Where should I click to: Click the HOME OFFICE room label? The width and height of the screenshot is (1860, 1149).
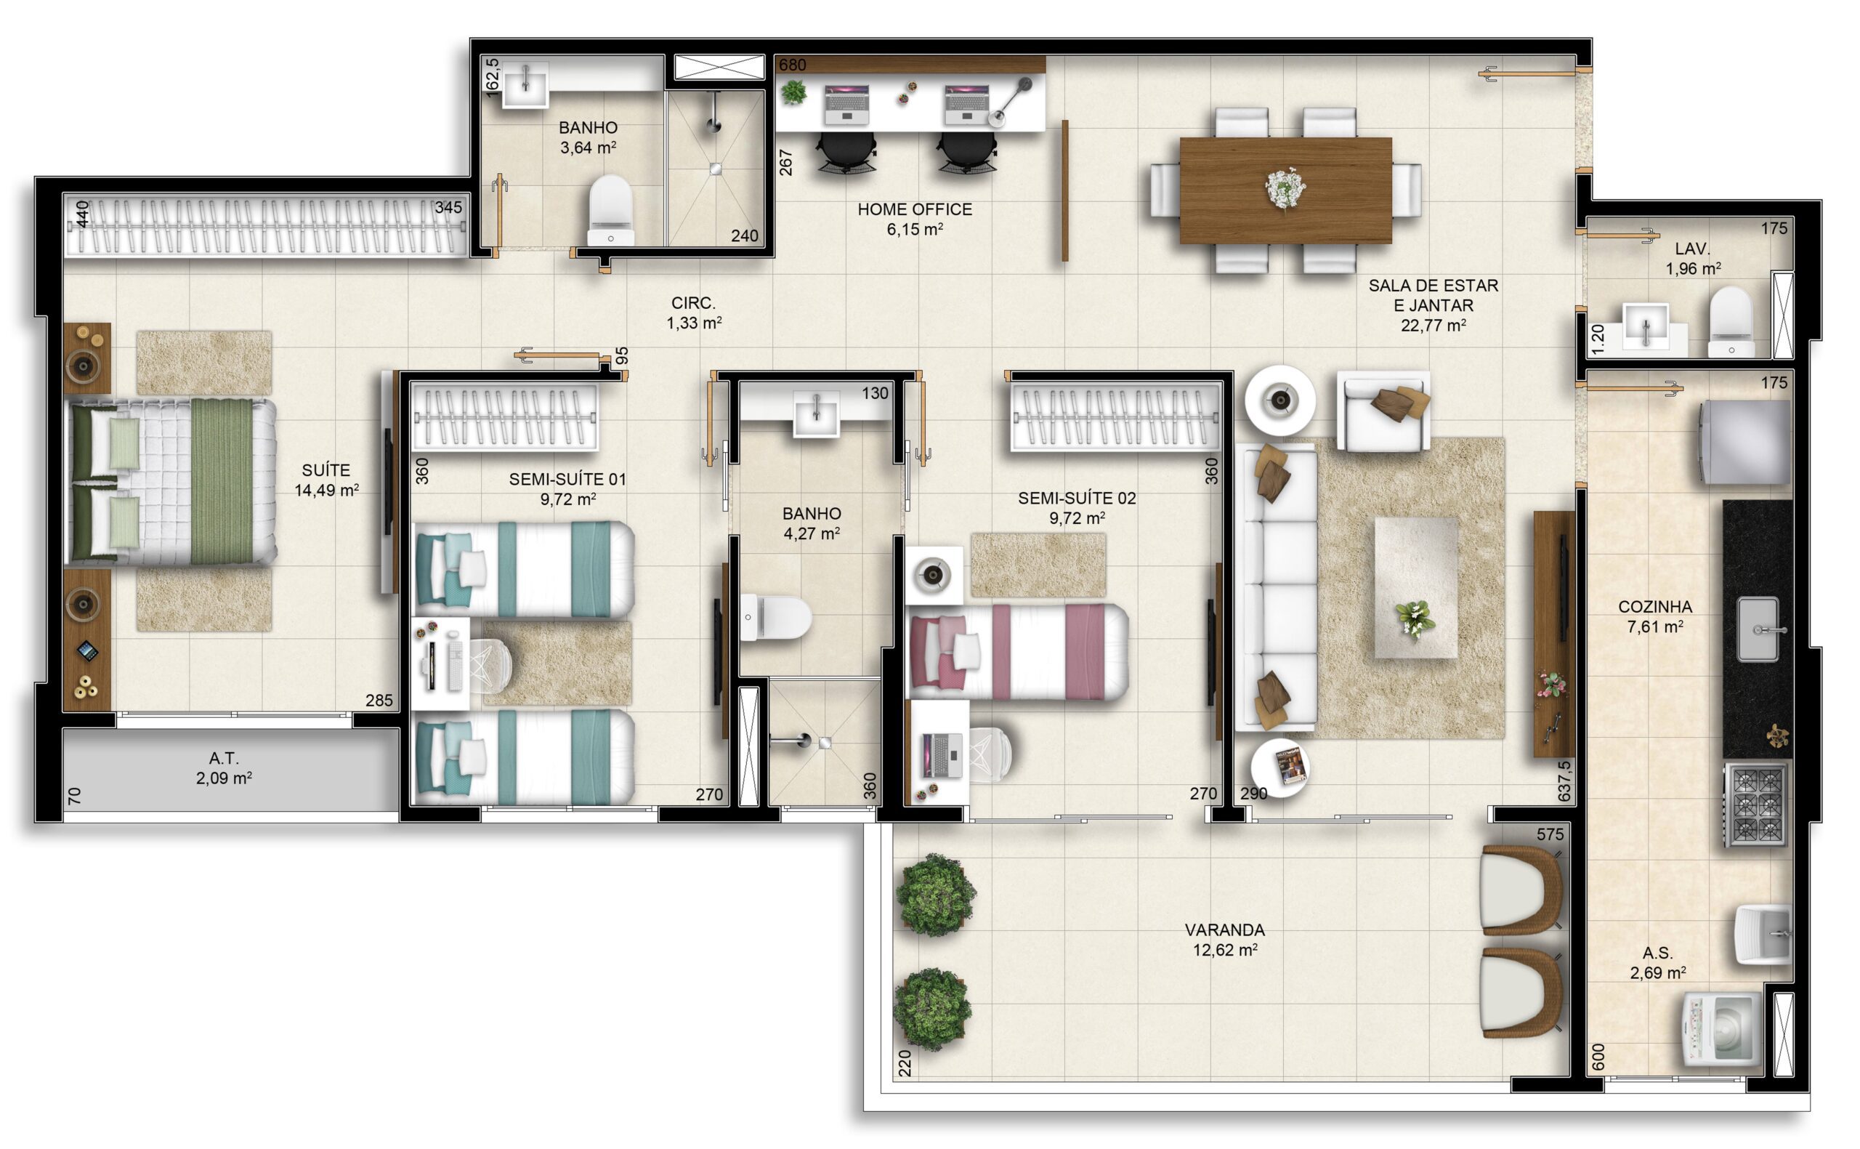(x=915, y=209)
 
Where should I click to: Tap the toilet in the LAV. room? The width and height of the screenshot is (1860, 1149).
(x=1731, y=321)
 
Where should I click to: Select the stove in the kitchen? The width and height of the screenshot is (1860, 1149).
(x=1756, y=805)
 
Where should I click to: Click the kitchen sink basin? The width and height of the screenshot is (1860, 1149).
(x=1758, y=629)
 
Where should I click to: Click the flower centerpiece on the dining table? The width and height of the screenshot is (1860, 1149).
(x=1285, y=188)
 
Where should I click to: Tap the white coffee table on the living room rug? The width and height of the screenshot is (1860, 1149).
(x=1415, y=588)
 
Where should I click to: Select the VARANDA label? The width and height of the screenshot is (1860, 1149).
(x=1224, y=930)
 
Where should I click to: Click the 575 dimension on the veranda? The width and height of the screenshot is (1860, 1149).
(x=1549, y=834)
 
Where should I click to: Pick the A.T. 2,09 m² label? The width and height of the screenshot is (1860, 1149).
(x=223, y=767)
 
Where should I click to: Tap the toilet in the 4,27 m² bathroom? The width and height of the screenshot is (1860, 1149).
(x=775, y=618)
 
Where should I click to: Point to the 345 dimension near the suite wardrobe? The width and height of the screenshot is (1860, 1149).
(x=448, y=207)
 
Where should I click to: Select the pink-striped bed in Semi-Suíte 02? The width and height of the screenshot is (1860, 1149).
(x=1019, y=651)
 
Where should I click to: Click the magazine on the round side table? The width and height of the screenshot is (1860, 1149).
(x=1291, y=766)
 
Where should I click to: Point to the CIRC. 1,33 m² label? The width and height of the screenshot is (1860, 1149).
(x=693, y=313)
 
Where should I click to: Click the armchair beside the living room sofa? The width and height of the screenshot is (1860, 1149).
(x=1383, y=411)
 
